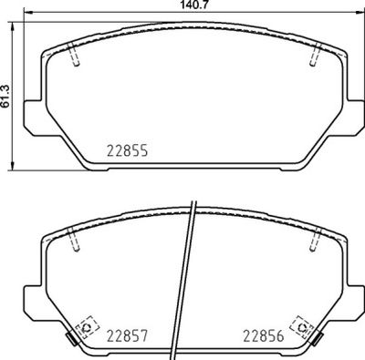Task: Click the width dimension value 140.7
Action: (x=191, y=5)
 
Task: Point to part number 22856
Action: (x=262, y=336)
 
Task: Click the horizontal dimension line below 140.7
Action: (x=191, y=15)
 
